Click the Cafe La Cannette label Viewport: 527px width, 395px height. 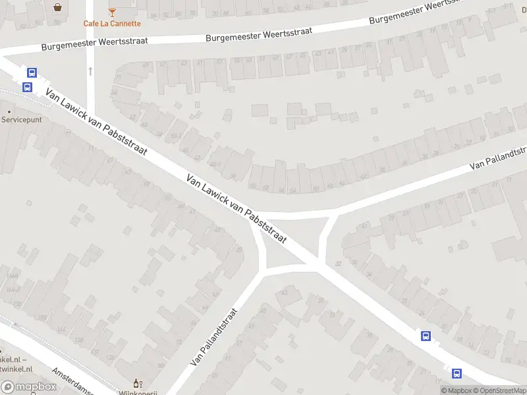(x=112, y=24)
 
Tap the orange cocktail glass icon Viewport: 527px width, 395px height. (x=112, y=12)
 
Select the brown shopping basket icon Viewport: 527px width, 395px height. (x=59, y=7)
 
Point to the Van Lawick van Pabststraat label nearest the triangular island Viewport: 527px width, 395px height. (x=236, y=209)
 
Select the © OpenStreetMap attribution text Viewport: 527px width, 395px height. (x=500, y=391)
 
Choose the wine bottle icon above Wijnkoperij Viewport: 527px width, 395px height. (x=137, y=383)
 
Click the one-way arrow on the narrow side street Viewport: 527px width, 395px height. (x=90, y=70)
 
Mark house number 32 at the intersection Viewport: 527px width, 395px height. (x=339, y=263)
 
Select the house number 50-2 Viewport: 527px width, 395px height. (x=175, y=136)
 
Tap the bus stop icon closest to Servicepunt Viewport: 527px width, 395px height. (x=28, y=87)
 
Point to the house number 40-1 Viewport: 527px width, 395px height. (x=212, y=165)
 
